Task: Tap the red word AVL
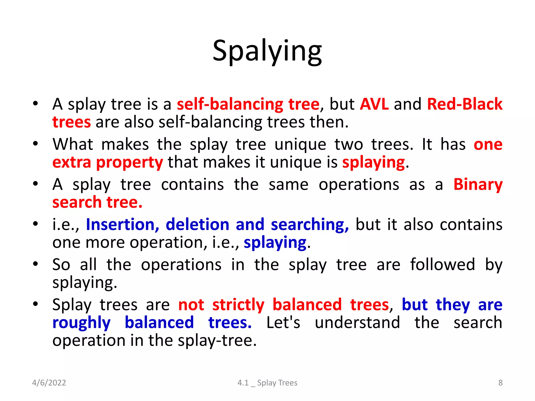pos(374,104)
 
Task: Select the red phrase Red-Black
pos(464,104)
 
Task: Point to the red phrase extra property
pos(108,162)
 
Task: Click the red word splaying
pos(374,162)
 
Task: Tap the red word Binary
pos(478,185)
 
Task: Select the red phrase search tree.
pos(97,203)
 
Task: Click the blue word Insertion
pos(123,225)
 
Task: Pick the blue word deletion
pos(197,225)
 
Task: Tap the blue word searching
pos(310,225)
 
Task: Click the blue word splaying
pos(275,243)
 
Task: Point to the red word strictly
pos(238,305)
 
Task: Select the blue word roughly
pos(82,323)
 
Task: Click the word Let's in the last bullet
pos(283,323)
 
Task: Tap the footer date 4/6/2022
pos(49,383)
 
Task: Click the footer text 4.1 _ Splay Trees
pos(267,383)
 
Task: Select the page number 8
pos(500,383)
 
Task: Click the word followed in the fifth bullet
pos(442,265)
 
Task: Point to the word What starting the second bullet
pos(73,144)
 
